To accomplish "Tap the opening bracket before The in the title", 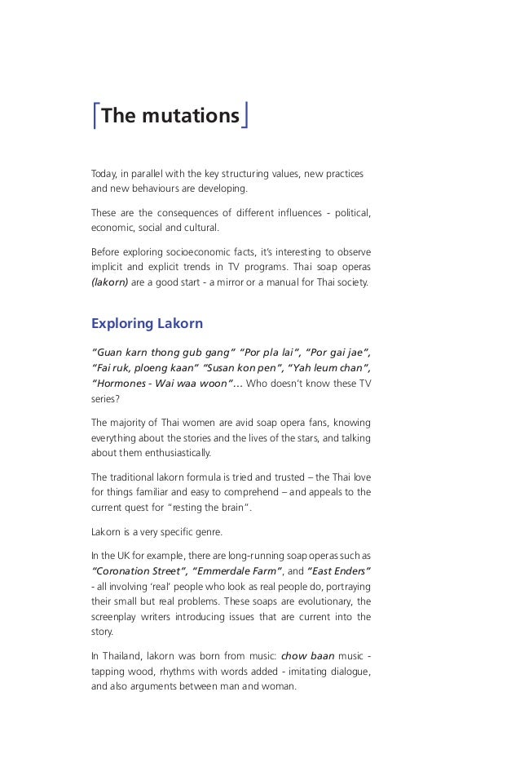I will [95, 117].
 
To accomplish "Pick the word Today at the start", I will [104, 175].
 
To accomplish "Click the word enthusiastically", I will [174, 454].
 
